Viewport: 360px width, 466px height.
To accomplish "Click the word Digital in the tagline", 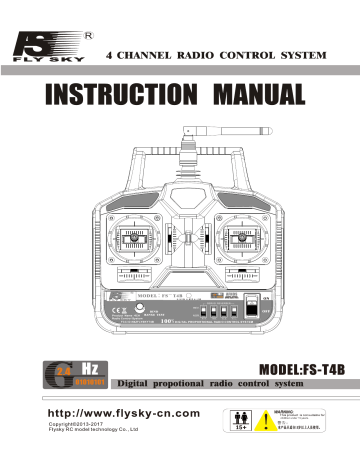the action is tap(125, 384).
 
